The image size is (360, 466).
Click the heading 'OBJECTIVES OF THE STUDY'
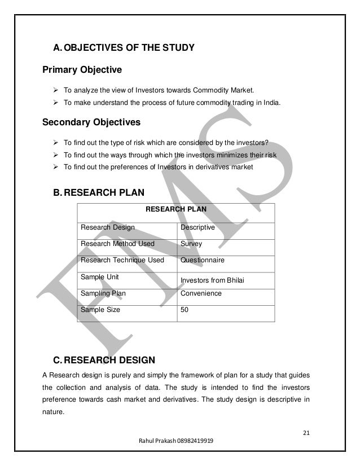point(130,48)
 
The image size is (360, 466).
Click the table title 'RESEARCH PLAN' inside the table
point(176,209)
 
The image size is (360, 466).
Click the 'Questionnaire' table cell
point(202,261)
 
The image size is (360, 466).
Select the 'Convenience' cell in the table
point(201,293)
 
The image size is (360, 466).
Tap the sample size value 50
point(185,310)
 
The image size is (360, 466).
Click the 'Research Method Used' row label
point(118,244)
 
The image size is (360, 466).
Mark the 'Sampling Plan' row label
point(103,293)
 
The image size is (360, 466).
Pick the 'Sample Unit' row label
point(100,277)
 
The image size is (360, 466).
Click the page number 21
point(307,434)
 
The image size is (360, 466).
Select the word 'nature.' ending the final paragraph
point(54,412)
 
